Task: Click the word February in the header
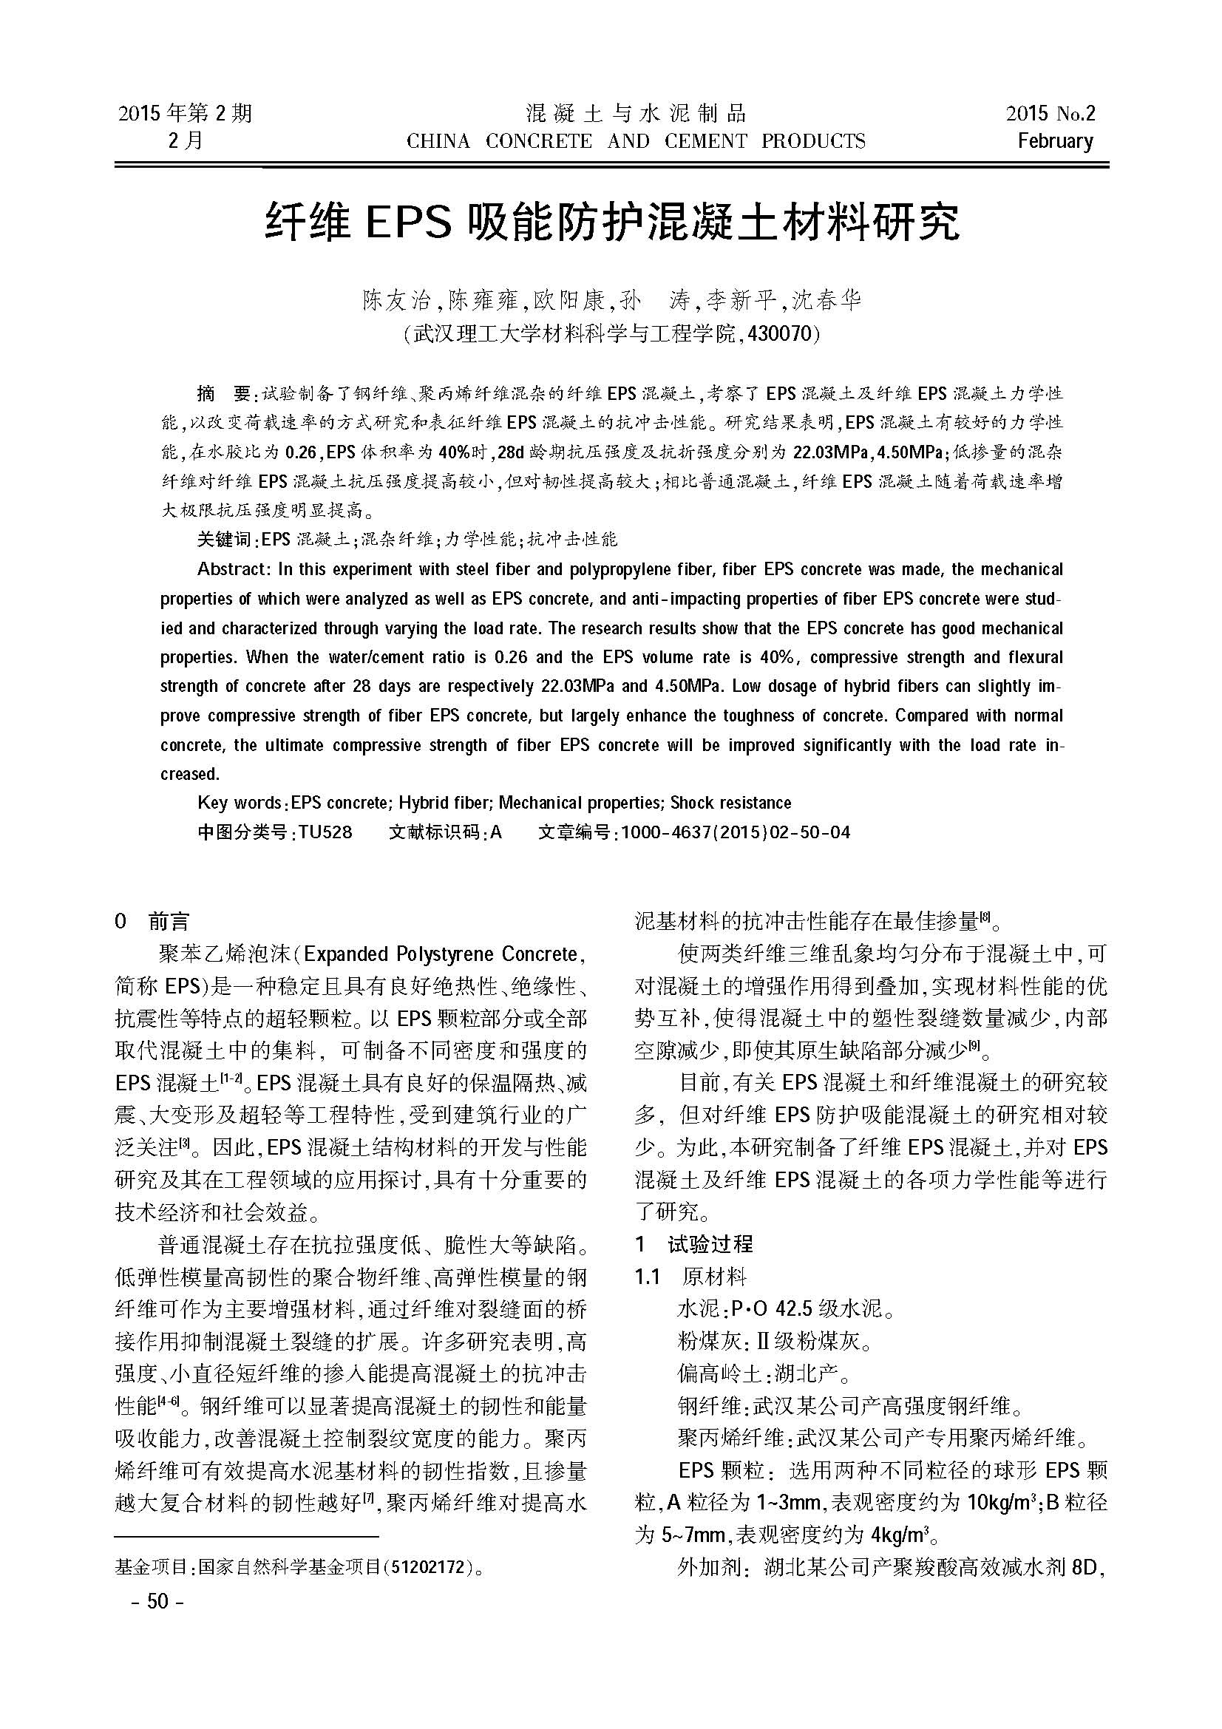[x=1055, y=141]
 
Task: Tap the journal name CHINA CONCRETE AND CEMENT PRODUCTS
[x=636, y=142]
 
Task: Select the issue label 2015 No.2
[x=1050, y=114]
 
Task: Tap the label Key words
[x=240, y=803]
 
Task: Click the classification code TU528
[x=325, y=832]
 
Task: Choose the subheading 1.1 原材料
[x=690, y=1277]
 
